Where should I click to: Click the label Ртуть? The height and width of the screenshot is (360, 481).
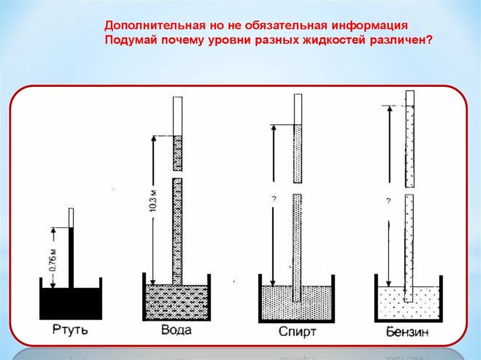[x=70, y=329]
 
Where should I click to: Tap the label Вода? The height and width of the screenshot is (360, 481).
[x=176, y=329]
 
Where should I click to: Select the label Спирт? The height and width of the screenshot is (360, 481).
[x=297, y=332]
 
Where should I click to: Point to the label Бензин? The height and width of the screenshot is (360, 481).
[x=408, y=332]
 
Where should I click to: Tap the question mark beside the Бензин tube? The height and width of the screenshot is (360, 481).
[x=388, y=201]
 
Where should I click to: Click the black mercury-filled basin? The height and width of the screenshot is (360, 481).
[x=70, y=303]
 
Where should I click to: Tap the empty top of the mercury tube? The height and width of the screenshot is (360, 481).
[x=71, y=217]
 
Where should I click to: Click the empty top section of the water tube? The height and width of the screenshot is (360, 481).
[x=178, y=115]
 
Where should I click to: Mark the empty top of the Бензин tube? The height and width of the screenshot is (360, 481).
[x=410, y=98]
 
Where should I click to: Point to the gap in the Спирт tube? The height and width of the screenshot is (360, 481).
[x=297, y=188]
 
